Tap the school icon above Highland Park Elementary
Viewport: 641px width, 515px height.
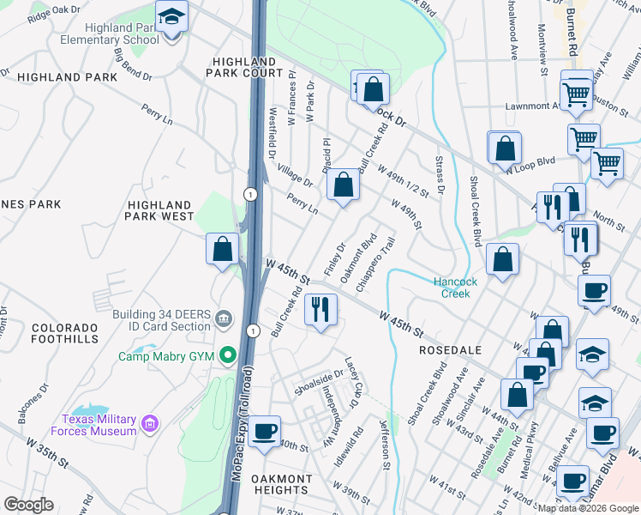[171, 16]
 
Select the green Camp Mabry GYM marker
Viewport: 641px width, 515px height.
[228, 354]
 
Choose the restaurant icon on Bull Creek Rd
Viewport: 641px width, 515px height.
[321, 309]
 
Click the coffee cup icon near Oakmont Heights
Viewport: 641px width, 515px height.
[265, 431]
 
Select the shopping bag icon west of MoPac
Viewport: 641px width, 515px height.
[222, 250]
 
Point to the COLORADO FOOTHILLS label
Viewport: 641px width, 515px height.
[65, 334]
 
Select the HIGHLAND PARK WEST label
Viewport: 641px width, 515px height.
[159, 211]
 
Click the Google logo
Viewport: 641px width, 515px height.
[28, 505]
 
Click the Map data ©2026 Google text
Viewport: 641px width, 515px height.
[588, 508]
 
